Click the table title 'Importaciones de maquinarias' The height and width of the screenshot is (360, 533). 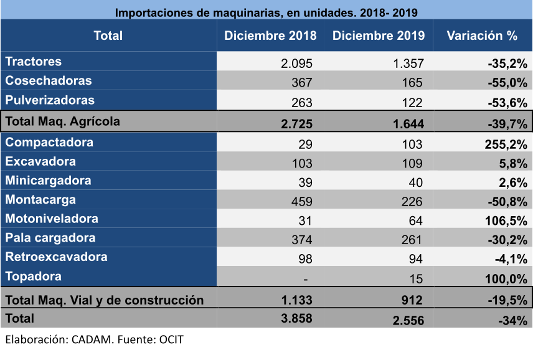266,12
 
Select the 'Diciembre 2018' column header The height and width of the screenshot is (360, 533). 270,36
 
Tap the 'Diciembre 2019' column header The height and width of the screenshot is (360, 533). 379,36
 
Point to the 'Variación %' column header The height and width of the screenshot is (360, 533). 482,36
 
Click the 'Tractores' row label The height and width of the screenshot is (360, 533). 33,62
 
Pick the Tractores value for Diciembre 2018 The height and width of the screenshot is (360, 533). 296,64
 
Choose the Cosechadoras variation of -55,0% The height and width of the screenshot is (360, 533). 507,83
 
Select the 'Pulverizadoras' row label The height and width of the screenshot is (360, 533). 50,100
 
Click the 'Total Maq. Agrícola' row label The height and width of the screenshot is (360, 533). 62,121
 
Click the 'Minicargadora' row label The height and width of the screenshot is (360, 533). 48,181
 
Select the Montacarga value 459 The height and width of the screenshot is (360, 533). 301,202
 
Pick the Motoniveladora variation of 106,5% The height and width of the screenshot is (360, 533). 506,221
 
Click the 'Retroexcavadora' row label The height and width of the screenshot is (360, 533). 56,257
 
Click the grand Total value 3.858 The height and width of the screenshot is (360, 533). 296,318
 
